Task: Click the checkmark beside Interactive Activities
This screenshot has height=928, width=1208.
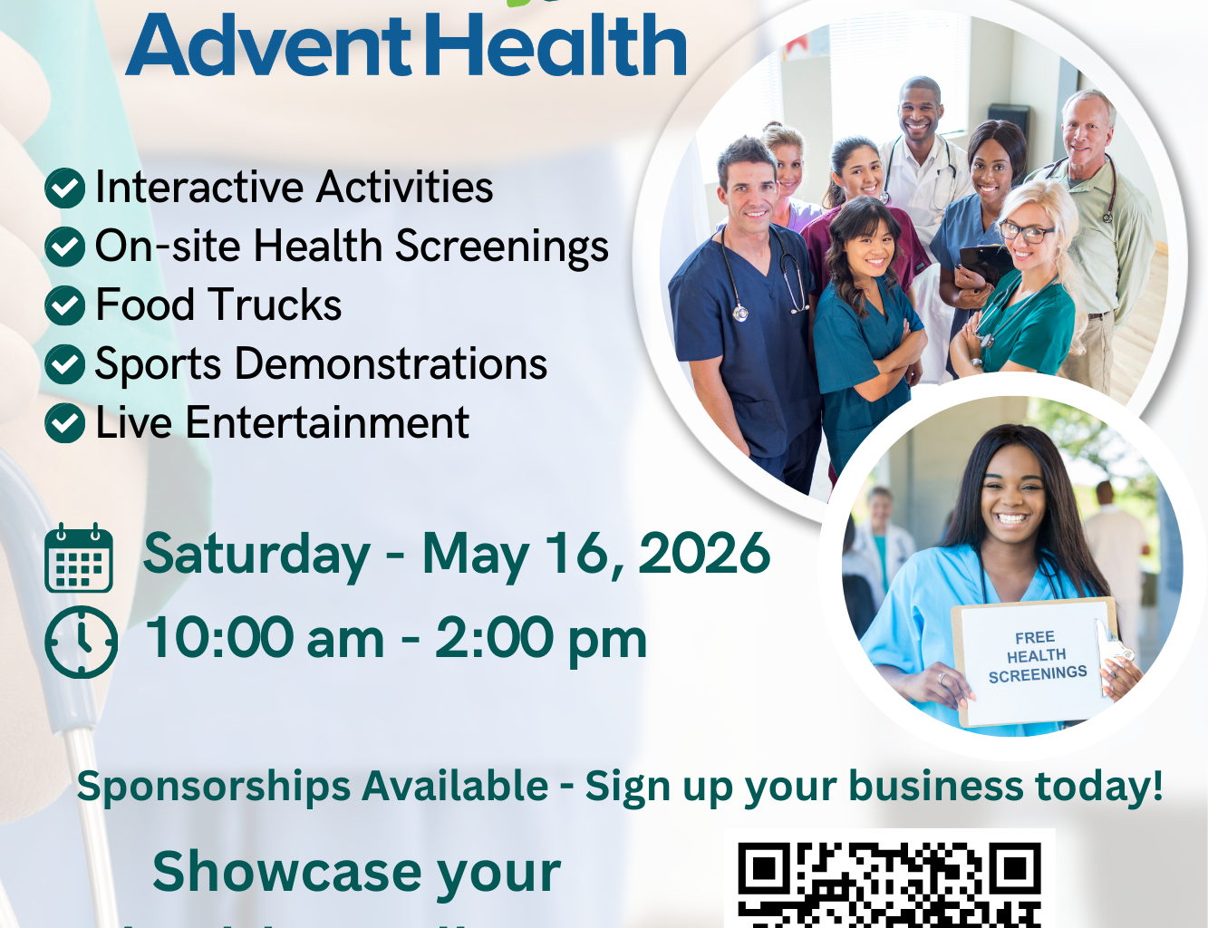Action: tap(65, 188)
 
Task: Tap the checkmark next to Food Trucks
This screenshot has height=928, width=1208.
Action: tap(65, 306)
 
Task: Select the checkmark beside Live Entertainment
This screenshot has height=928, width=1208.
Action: tap(65, 423)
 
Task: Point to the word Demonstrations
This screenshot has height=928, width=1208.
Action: tap(391, 364)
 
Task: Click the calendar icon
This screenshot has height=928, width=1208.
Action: tap(79, 557)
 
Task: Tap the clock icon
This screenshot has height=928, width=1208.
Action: tap(81, 642)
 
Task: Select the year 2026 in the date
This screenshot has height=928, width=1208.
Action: tap(704, 554)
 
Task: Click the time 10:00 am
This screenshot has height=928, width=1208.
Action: tap(265, 638)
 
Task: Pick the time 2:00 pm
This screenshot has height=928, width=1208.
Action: tap(541, 638)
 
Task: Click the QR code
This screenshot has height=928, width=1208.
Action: tap(889, 884)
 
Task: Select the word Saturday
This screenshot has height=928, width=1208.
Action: tap(256, 554)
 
